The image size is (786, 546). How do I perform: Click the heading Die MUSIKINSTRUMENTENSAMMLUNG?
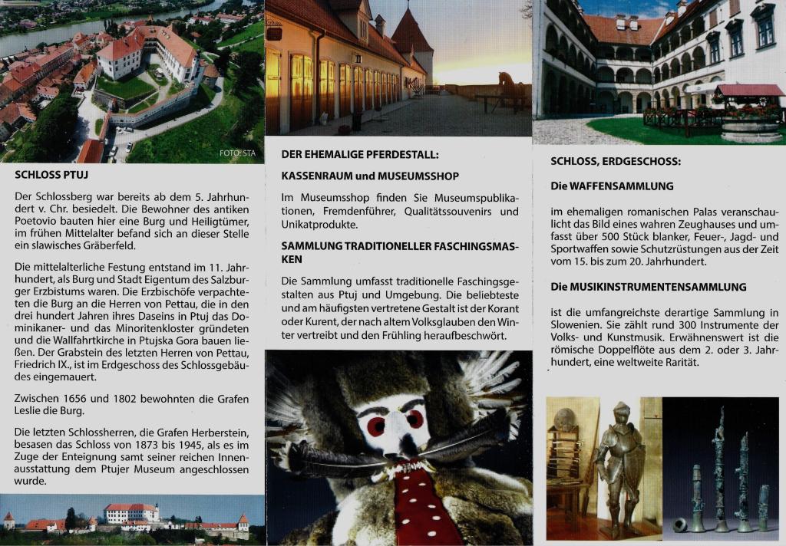click(x=648, y=287)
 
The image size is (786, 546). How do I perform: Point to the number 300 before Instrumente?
click(x=633, y=325)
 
